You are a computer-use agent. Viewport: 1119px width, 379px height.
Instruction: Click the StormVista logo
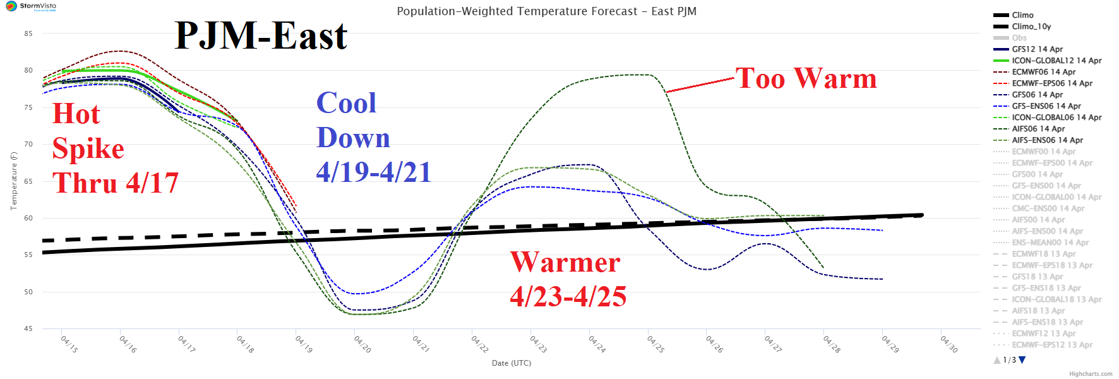click(30, 6)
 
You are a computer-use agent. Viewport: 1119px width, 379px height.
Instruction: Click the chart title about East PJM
click(546, 11)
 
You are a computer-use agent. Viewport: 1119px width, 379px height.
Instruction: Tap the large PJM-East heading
click(261, 36)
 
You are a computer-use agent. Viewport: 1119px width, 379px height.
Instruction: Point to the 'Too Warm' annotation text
click(806, 79)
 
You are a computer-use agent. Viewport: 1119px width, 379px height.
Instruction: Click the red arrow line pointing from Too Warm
click(701, 85)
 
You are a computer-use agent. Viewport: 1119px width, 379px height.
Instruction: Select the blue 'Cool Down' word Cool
click(346, 103)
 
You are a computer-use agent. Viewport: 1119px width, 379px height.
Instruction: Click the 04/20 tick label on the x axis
click(362, 344)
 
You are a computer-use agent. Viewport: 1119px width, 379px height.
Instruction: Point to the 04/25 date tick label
click(655, 344)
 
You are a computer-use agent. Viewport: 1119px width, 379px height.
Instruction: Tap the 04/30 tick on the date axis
click(948, 344)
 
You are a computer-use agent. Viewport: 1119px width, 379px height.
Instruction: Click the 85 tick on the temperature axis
click(28, 33)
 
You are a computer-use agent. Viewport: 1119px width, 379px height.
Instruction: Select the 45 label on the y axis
click(28, 328)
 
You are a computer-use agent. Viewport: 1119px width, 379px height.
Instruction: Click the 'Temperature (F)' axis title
click(13, 181)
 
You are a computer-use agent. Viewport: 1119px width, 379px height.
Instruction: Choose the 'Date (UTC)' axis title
click(512, 363)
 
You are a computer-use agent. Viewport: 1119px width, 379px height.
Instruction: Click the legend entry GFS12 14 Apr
click(1037, 49)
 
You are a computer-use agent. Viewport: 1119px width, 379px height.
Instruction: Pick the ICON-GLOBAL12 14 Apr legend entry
click(1056, 61)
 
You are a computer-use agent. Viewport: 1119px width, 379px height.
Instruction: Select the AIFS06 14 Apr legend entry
click(1038, 129)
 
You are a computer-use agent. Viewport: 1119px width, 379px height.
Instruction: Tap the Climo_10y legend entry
click(1031, 27)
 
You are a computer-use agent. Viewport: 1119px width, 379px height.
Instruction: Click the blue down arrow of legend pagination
click(1022, 360)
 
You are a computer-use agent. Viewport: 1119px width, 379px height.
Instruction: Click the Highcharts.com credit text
click(1091, 374)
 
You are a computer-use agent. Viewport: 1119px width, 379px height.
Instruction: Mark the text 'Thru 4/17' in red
click(116, 183)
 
